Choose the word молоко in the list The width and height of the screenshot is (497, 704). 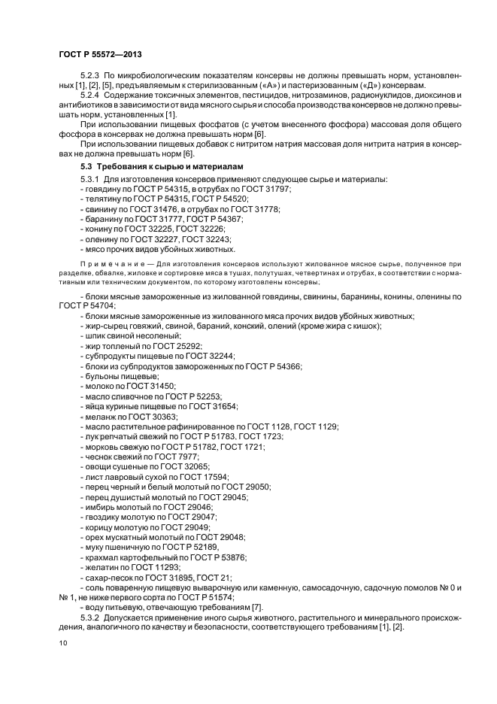(x=98, y=386)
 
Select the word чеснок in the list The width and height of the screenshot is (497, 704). (x=98, y=457)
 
